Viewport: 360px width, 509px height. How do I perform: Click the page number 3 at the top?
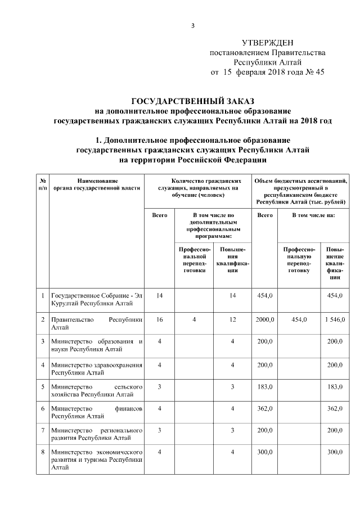coord(192,25)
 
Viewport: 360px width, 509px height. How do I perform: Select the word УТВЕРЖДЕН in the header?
coord(267,43)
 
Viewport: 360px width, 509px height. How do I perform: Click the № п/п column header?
coord(43,184)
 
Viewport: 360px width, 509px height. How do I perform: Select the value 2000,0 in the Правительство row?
coord(264,319)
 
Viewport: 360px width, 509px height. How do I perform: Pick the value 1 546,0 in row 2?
coord(334,319)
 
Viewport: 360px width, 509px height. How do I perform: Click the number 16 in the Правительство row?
coord(160,319)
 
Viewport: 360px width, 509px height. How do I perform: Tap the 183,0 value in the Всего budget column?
coord(264,386)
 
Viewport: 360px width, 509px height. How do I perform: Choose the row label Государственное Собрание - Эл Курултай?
coord(94,299)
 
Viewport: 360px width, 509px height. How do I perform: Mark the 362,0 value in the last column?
coord(335,409)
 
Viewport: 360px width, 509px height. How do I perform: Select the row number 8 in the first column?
coord(43,452)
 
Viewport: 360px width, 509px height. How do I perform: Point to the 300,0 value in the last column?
coord(335,452)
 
